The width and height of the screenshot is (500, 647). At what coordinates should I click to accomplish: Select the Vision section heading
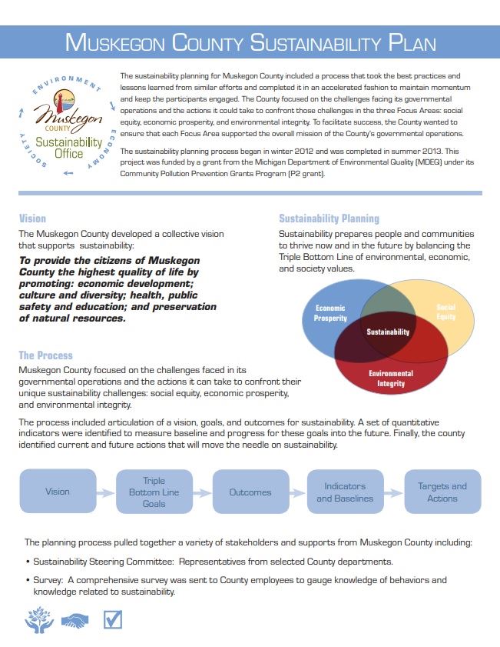tap(32, 218)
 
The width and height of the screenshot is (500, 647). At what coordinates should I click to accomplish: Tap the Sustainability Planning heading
tap(329, 218)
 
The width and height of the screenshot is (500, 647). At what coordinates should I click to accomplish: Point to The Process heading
tap(45, 355)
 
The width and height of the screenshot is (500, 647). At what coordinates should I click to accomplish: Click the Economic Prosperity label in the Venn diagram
tap(330, 312)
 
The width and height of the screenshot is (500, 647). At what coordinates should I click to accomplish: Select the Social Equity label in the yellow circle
tap(445, 312)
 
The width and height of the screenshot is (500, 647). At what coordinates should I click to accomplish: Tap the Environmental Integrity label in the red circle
tap(390, 379)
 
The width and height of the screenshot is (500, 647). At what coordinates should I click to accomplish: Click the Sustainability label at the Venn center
tap(388, 332)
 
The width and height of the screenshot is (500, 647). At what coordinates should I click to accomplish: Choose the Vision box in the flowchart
tap(58, 492)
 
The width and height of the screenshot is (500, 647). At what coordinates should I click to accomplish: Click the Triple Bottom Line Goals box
tap(154, 492)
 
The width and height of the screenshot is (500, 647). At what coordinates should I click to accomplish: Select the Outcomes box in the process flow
tap(250, 492)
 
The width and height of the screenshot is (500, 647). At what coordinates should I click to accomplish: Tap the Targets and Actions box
tap(442, 492)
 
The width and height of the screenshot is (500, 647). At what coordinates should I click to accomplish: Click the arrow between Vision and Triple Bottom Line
tap(106, 492)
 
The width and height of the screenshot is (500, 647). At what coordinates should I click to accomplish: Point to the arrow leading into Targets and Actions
tap(394, 492)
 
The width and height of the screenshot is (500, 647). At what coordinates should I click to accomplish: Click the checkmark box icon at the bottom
tap(113, 619)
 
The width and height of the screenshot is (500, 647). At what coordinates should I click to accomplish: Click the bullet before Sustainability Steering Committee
tap(27, 562)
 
